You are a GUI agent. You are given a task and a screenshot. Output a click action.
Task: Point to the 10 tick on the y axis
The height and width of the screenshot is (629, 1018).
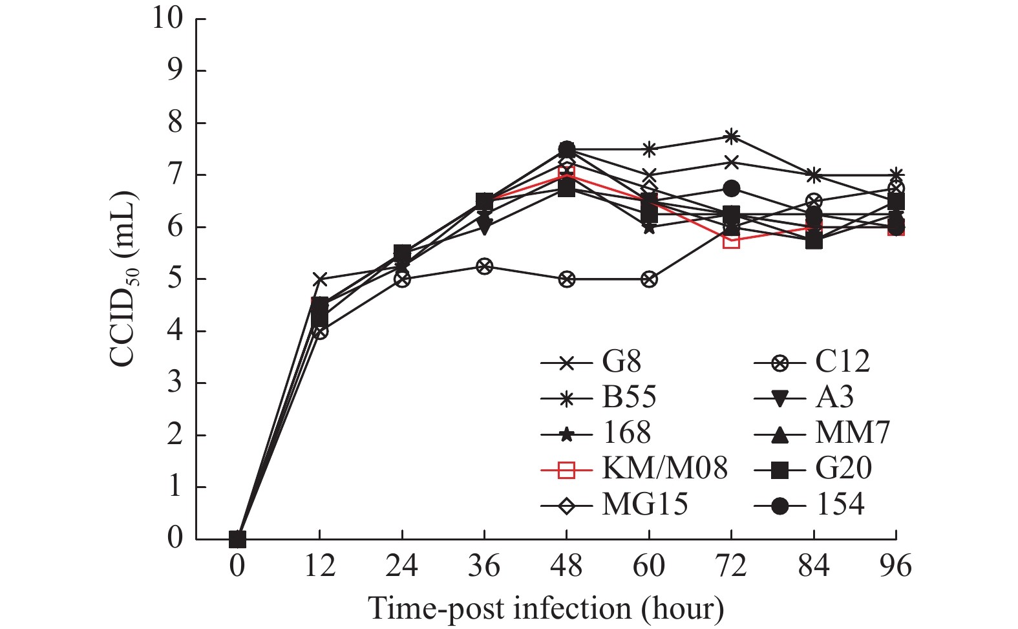click(x=169, y=19)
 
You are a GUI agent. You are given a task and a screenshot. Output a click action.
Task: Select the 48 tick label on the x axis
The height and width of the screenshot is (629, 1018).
click(x=566, y=566)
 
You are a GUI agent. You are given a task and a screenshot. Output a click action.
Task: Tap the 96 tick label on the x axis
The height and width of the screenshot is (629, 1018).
click(x=896, y=566)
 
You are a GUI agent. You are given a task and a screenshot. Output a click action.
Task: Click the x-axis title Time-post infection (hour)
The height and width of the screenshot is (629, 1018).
click(x=546, y=608)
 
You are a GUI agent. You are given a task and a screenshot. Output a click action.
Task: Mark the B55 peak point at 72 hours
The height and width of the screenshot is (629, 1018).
click(x=731, y=136)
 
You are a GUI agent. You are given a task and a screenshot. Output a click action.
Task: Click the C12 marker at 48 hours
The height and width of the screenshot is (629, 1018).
click(x=566, y=279)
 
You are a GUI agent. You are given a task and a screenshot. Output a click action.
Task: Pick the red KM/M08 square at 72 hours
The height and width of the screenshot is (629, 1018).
click(x=731, y=240)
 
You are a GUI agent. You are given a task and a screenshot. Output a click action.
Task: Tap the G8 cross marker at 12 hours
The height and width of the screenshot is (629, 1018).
click(x=319, y=279)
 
